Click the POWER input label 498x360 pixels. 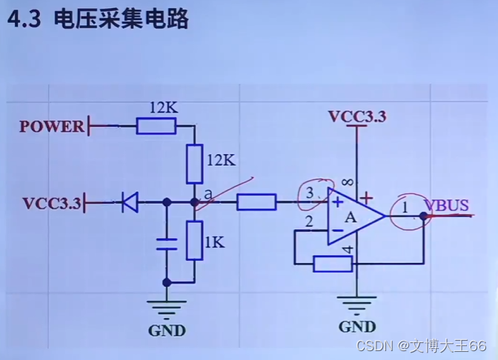tap(52, 126)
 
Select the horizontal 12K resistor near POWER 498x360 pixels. tap(156, 127)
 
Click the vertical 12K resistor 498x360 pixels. tap(194, 164)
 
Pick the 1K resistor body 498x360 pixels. tap(194, 240)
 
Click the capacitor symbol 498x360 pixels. tap(166, 245)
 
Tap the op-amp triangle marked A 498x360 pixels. tap(353, 216)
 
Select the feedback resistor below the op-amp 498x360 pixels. tap(333, 263)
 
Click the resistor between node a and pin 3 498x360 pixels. tap(256, 201)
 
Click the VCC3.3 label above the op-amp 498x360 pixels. tap(357, 116)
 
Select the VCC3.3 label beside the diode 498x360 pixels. tap(51, 202)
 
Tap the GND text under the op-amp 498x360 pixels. tap(356, 327)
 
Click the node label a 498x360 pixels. tap(208, 194)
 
